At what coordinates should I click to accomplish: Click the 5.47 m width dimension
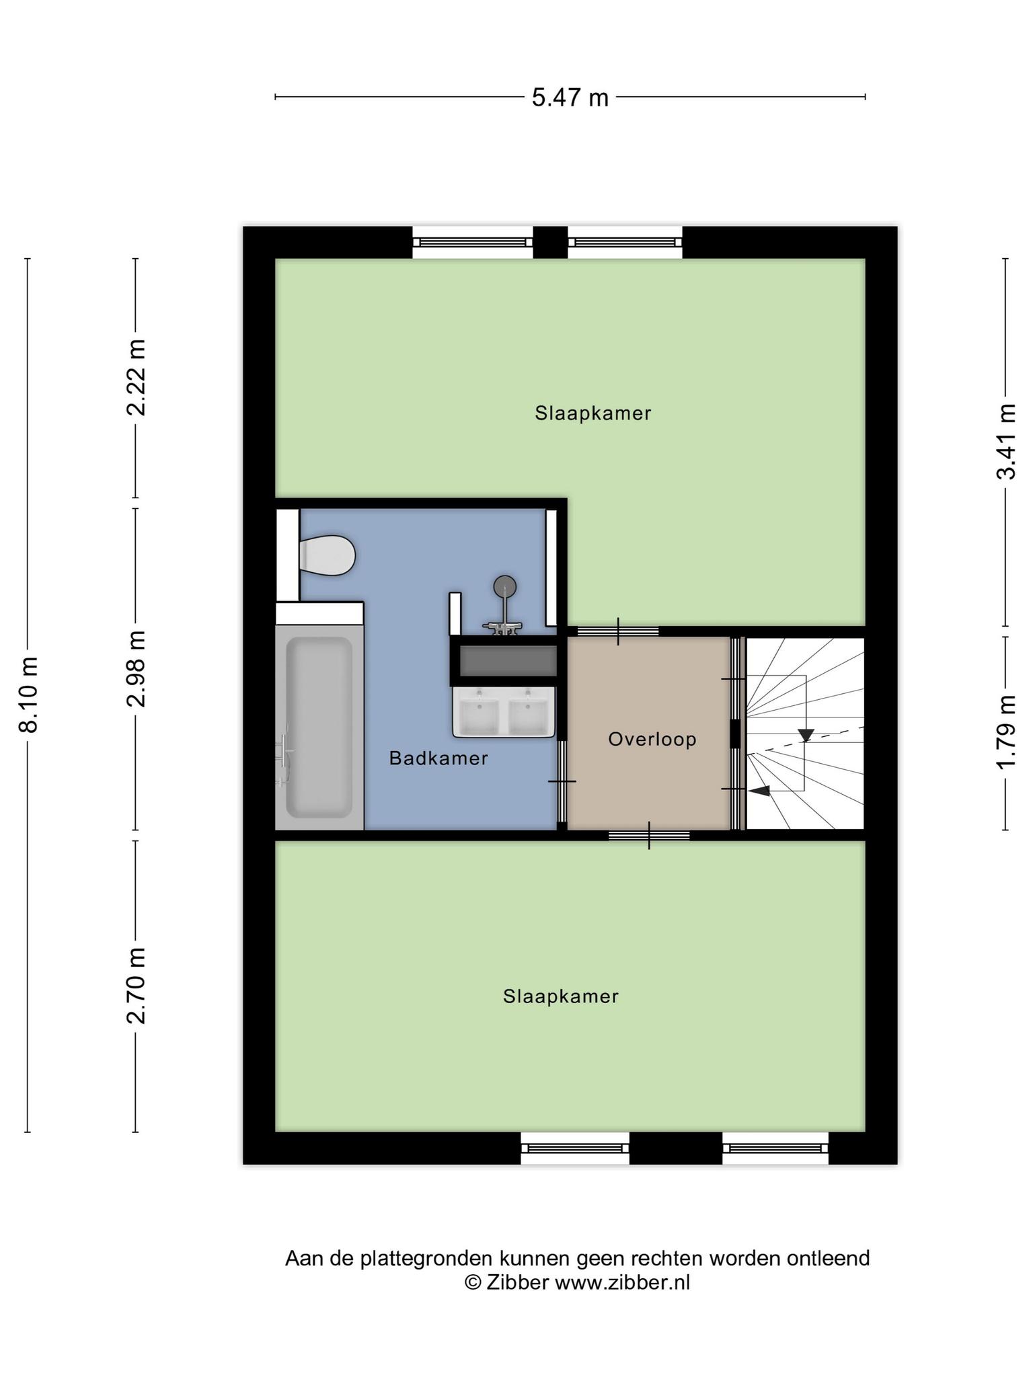(570, 98)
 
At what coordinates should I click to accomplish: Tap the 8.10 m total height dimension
(28, 694)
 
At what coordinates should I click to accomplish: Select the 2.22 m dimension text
(137, 377)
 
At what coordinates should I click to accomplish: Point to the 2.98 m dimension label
(137, 668)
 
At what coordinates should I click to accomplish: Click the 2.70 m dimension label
(137, 985)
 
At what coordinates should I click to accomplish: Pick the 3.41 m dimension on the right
(1005, 442)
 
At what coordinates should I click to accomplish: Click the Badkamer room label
(438, 758)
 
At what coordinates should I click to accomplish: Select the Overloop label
(652, 740)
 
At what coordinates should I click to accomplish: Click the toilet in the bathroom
(327, 555)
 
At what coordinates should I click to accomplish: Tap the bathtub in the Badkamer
(319, 727)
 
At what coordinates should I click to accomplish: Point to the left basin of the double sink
(479, 712)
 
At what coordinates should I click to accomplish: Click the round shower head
(505, 586)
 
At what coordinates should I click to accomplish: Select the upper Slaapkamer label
(593, 413)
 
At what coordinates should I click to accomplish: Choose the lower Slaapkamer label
(561, 996)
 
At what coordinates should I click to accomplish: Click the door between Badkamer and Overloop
(562, 781)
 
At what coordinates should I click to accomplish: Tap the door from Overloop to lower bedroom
(649, 836)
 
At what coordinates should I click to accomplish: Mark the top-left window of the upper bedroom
(473, 243)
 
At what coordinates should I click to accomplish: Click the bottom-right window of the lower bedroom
(775, 1148)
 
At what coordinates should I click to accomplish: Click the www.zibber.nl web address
(622, 1282)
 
